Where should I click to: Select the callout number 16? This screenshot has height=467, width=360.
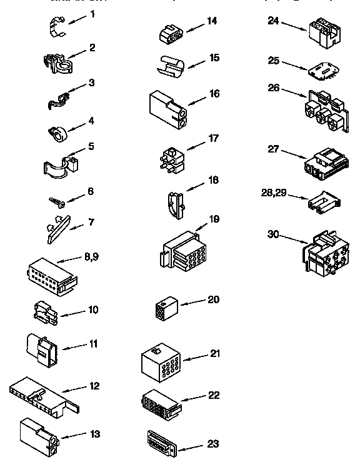(x=214, y=93)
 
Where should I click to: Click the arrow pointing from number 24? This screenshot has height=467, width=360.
(x=292, y=24)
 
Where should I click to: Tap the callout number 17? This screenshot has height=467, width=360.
(x=214, y=138)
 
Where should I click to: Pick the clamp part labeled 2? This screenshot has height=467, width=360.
(x=58, y=61)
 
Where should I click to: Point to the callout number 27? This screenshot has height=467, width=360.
(x=272, y=148)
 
